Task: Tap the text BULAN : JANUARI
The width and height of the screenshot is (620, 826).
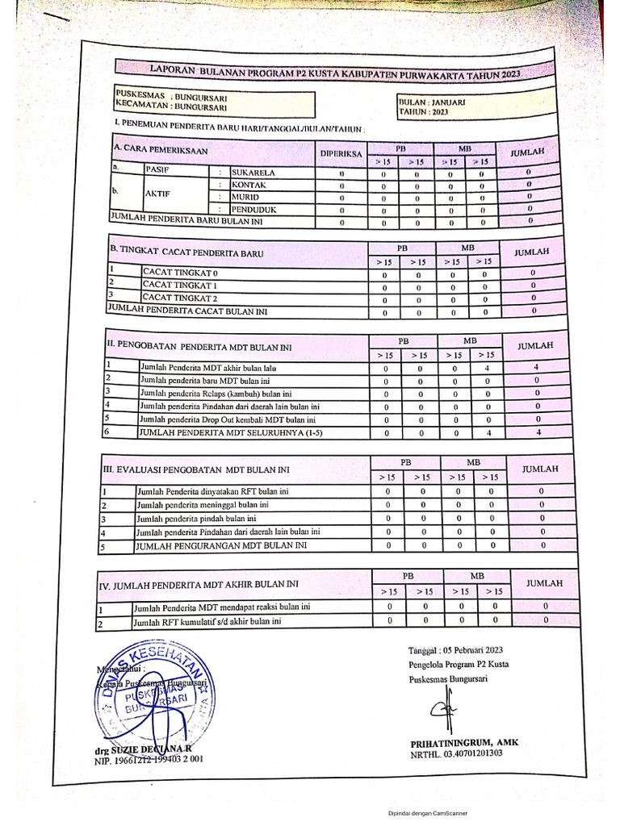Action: [428, 102]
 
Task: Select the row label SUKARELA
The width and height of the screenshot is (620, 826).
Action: [254, 172]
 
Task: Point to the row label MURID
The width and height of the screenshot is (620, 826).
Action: [247, 197]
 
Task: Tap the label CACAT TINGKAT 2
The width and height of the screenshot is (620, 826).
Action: [181, 298]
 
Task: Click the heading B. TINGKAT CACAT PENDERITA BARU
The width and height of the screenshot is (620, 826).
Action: [186, 252]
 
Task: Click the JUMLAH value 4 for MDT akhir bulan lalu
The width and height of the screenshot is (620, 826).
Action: [536, 367]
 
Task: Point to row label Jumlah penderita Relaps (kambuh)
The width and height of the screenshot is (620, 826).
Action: [214, 393]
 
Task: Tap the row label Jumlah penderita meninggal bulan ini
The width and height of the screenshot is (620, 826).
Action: [214, 505]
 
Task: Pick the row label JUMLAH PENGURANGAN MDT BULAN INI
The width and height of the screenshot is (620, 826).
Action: [222, 545]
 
